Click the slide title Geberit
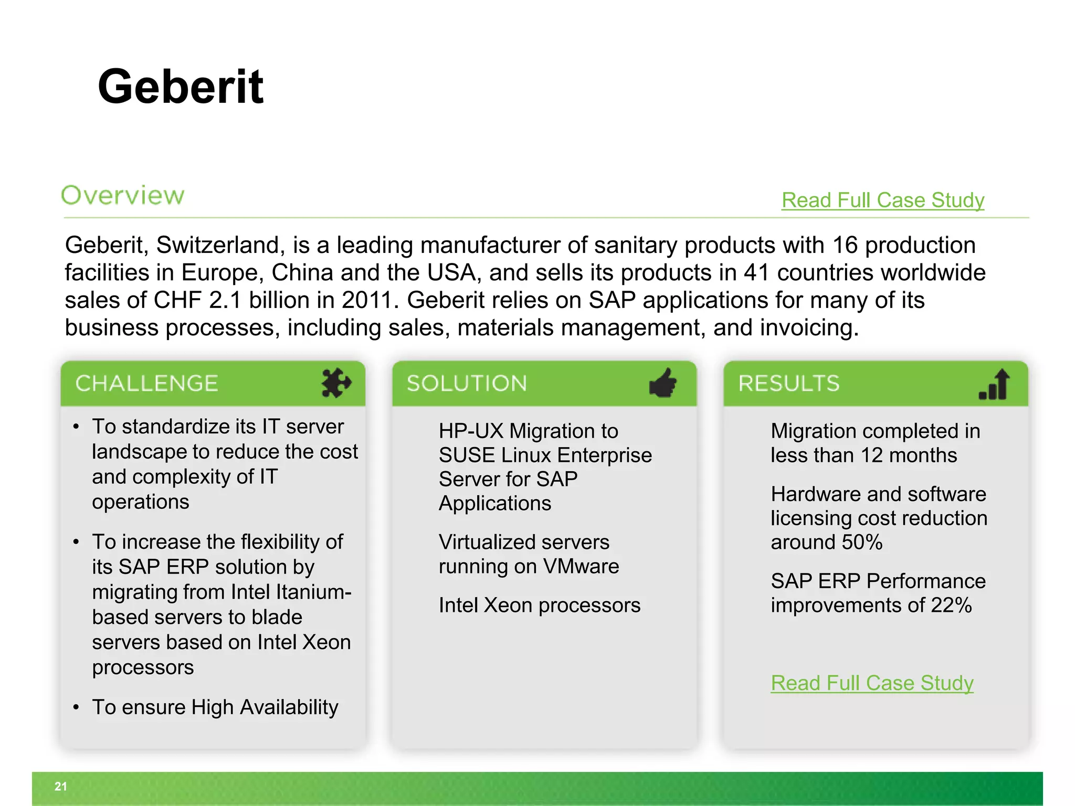pyautogui.click(x=180, y=87)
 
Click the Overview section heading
pyautogui.click(x=123, y=195)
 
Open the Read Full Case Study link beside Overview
pyautogui.click(x=882, y=200)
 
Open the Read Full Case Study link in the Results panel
pyautogui.click(x=872, y=683)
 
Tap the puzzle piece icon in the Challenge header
pyautogui.click(x=336, y=383)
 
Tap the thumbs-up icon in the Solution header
pyautogui.click(x=663, y=383)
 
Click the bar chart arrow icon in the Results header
pyautogui.click(x=994, y=385)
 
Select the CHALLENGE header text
pyautogui.click(x=146, y=384)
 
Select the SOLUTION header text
pyautogui.click(x=467, y=384)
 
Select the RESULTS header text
pyautogui.click(x=789, y=384)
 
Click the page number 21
pyautogui.click(x=61, y=786)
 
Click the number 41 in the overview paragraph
pyautogui.click(x=756, y=273)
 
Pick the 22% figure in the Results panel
pyautogui.click(x=951, y=605)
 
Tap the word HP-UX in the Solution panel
pyautogui.click(x=471, y=431)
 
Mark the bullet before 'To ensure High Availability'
pyautogui.click(x=77, y=707)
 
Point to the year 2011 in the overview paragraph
pyautogui.click(x=366, y=300)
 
